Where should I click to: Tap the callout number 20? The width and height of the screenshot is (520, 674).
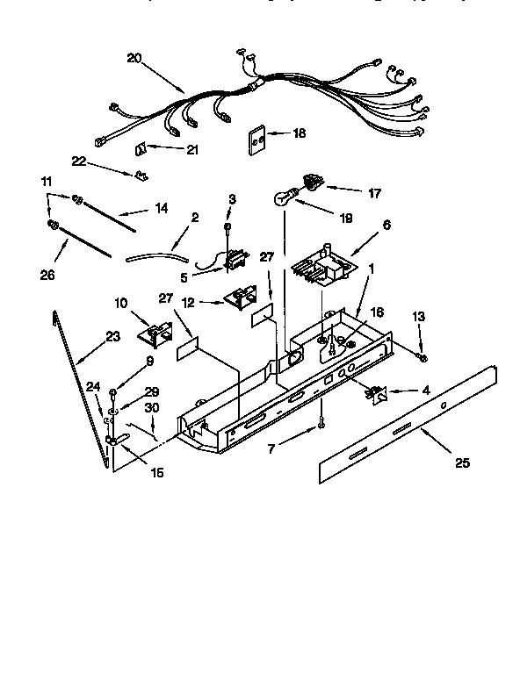click(134, 59)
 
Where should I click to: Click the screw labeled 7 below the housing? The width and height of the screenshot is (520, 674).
click(322, 425)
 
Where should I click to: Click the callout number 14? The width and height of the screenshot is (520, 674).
click(160, 210)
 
